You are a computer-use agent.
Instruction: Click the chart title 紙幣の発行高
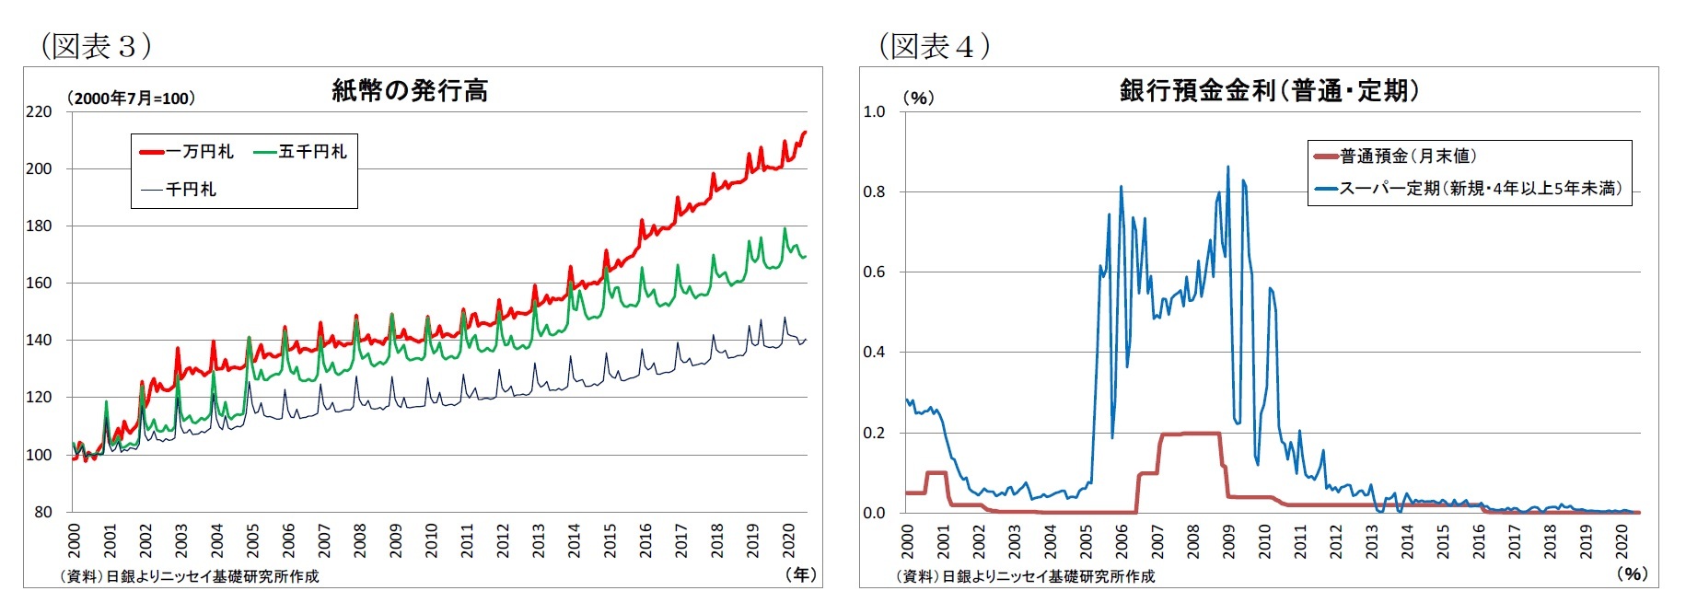pyautogui.click(x=410, y=90)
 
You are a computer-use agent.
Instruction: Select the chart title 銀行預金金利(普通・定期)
pyautogui.click(x=1269, y=90)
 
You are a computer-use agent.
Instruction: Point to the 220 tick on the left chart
pyautogui.click(x=39, y=112)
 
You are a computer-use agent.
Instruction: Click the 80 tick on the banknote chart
pyautogui.click(x=43, y=512)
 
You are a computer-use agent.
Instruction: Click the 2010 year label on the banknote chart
pyautogui.click(x=431, y=540)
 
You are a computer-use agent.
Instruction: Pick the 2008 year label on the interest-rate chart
pyautogui.click(x=1192, y=540)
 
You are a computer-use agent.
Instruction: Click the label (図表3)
pyautogui.click(x=96, y=46)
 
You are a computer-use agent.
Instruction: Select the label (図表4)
pyautogui.click(x=935, y=46)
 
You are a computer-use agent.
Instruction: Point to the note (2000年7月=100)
pyautogui.click(x=130, y=98)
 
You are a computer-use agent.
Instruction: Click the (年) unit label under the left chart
pyautogui.click(x=800, y=574)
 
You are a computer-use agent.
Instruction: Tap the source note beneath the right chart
pyautogui.click(x=1025, y=576)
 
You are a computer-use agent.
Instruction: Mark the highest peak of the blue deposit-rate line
pyautogui.click(x=1227, y=168)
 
